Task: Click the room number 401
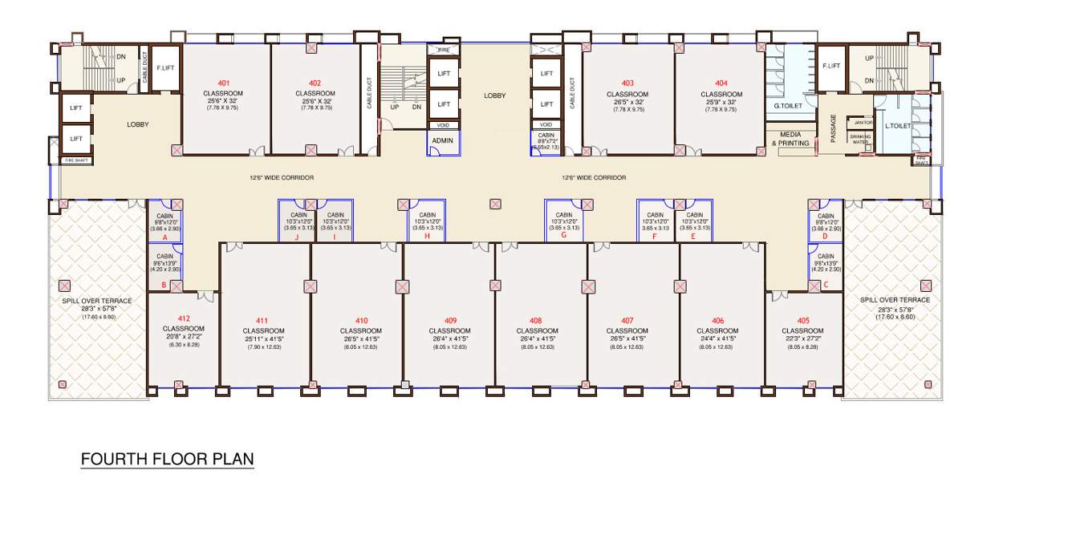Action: [223, 83]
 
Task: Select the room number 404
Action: [721, 83]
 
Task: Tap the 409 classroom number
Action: [449, 321]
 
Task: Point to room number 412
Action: [184, 318]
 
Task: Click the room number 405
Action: [802, 321]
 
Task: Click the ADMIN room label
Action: [442, 140]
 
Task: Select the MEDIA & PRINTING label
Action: [790, 139]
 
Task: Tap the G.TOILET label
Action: [789, 105]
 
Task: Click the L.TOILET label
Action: [897, 126]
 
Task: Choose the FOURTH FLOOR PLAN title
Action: [167, 460]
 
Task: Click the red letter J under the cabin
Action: [297, 237]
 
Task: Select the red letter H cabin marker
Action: [427, 237]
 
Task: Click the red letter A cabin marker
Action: [164, 238]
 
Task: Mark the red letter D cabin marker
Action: [825, 238]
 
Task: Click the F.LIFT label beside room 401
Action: [165, 68]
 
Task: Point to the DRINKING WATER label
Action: [859, 139]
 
